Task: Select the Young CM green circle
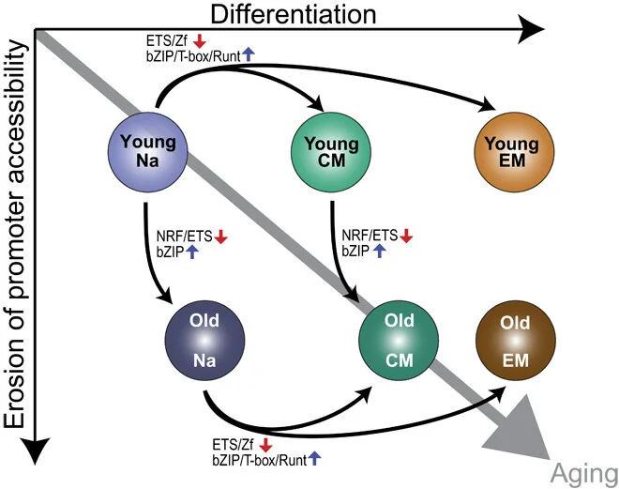[331, 151]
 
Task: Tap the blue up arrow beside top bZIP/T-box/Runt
[249, 56]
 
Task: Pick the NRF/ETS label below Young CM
[369, 237]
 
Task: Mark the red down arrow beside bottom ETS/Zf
[265, 444]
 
